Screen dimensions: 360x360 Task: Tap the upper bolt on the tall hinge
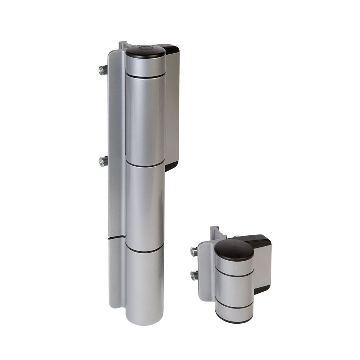[103, 70]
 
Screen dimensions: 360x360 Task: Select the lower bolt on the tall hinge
[103, 162]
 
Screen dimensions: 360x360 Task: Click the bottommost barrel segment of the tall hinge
[144, 284]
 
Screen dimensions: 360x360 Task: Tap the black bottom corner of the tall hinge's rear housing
[171, 166]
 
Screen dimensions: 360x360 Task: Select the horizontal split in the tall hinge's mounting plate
[117, 238]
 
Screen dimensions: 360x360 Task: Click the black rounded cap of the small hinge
[234, 249]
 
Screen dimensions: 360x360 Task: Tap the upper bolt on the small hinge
[194, 252]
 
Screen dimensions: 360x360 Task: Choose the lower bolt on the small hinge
[194, 275]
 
